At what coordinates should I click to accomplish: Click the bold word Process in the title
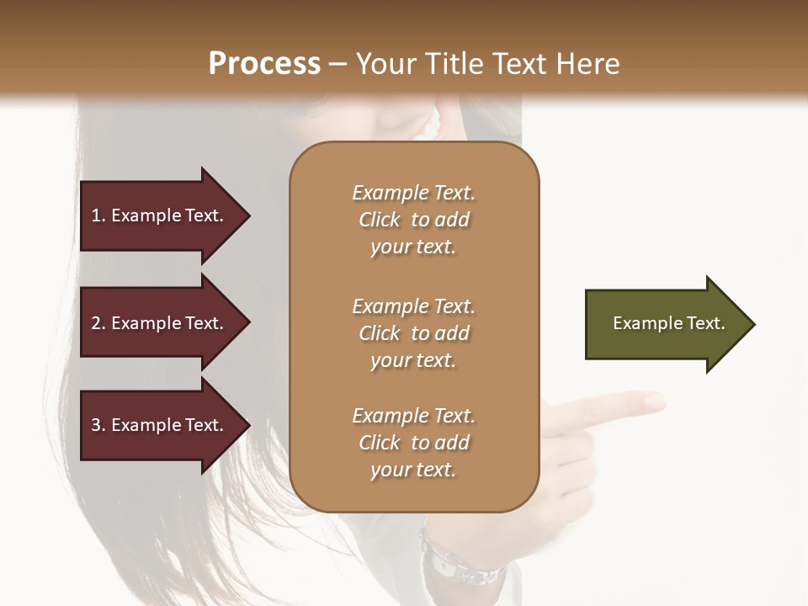(264, 64)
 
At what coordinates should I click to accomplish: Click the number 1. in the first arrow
(98, 216)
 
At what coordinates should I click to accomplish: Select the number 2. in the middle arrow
(98, 324)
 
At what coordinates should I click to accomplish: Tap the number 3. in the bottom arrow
(98, 426)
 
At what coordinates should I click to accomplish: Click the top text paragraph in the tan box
(413, 220)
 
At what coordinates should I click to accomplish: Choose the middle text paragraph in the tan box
(413, 333)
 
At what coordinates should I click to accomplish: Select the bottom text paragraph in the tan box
(413, 443)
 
